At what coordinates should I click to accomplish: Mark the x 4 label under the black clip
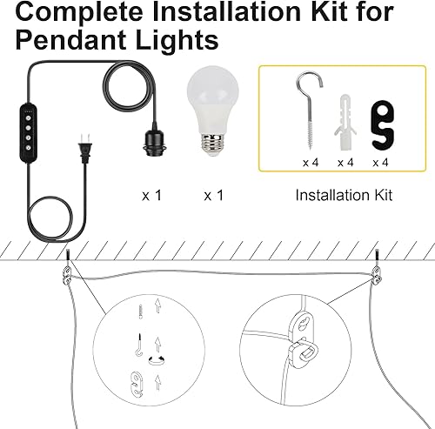point(380,162)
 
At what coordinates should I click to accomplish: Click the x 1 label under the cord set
point(152,195)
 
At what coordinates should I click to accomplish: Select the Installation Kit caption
point(344,195)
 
